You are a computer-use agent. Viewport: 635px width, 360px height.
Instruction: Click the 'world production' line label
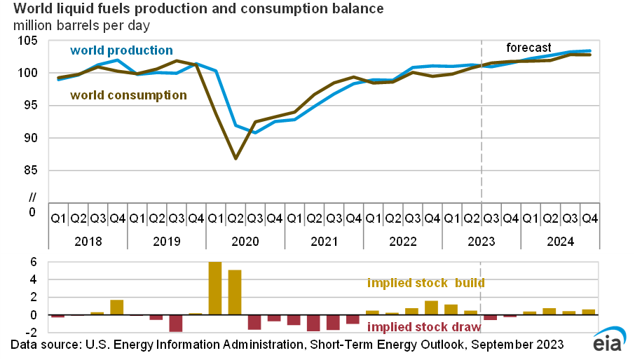pos(121,50)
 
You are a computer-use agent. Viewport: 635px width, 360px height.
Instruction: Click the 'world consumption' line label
pos(128,95)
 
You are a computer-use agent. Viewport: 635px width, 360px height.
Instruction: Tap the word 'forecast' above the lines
pos(529,48)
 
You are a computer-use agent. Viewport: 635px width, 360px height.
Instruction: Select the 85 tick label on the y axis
pos(32,170)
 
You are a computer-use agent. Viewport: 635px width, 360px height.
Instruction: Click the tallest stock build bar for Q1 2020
pos(215,288)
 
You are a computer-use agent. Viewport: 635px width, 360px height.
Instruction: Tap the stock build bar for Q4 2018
pos(117,307)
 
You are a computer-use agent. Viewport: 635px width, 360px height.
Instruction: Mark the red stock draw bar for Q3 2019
pos(176,323)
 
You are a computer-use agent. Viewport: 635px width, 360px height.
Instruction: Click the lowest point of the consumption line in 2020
pos(235,158)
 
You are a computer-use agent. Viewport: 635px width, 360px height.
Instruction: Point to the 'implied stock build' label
pos(425,284)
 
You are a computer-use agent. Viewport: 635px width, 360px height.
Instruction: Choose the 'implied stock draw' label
pos(425,327)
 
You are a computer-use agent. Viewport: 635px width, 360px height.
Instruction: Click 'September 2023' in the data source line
pos(516,345)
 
